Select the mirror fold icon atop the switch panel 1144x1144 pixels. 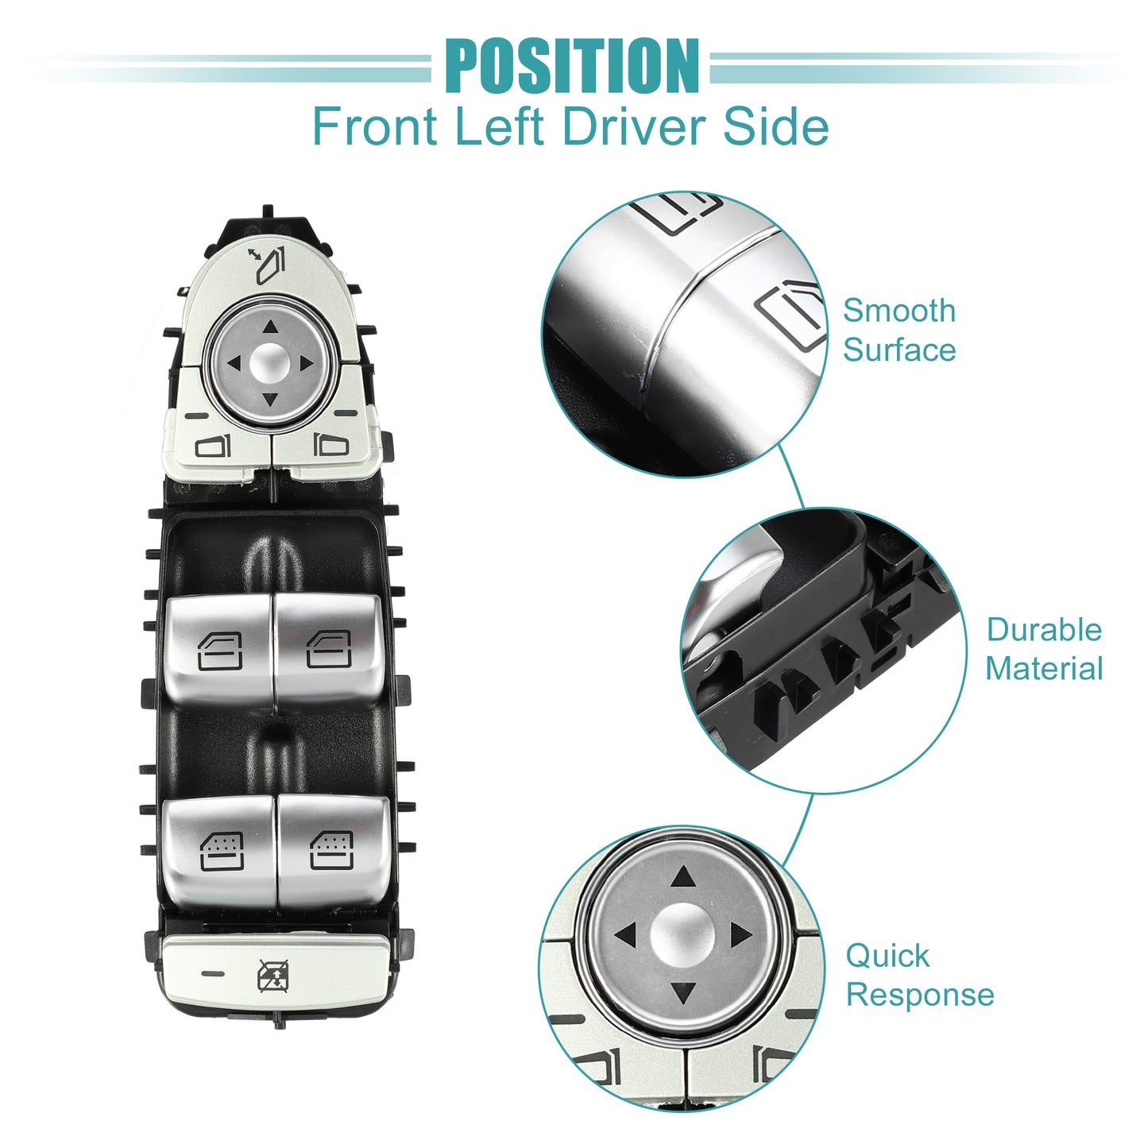point(268,265)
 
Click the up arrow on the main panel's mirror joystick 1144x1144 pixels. point(271,327)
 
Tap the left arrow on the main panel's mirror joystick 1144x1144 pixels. point(234,363)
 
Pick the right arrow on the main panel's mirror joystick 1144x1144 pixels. point(307,363)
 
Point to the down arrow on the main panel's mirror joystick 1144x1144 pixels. point(271,400)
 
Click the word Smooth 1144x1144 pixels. point(899,311)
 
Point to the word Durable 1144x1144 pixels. point(1044,629)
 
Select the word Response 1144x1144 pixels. point(920,995)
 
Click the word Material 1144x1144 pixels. point(1044,668)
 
